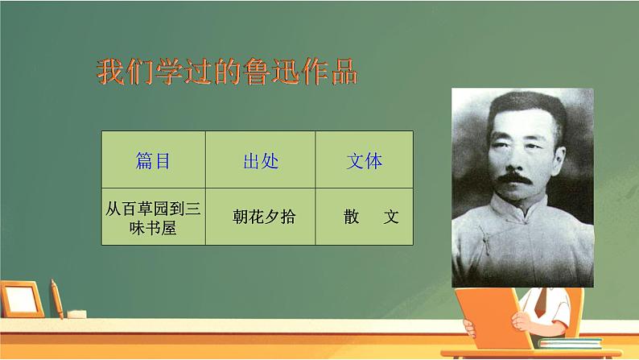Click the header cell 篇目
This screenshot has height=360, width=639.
tap(153, 161)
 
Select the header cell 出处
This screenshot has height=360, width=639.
tap(260, 161)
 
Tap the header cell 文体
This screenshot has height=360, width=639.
tap(364, 161)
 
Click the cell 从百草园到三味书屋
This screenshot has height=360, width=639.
tap(153, 218)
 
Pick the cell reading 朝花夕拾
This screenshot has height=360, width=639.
tap(260, 218)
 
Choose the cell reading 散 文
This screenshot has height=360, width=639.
tap(364, 218)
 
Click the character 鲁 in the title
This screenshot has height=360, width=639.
tap(249, 72)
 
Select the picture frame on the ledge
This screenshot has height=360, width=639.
tap(19, 299)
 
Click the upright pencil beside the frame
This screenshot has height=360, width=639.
tap(56, 298)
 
